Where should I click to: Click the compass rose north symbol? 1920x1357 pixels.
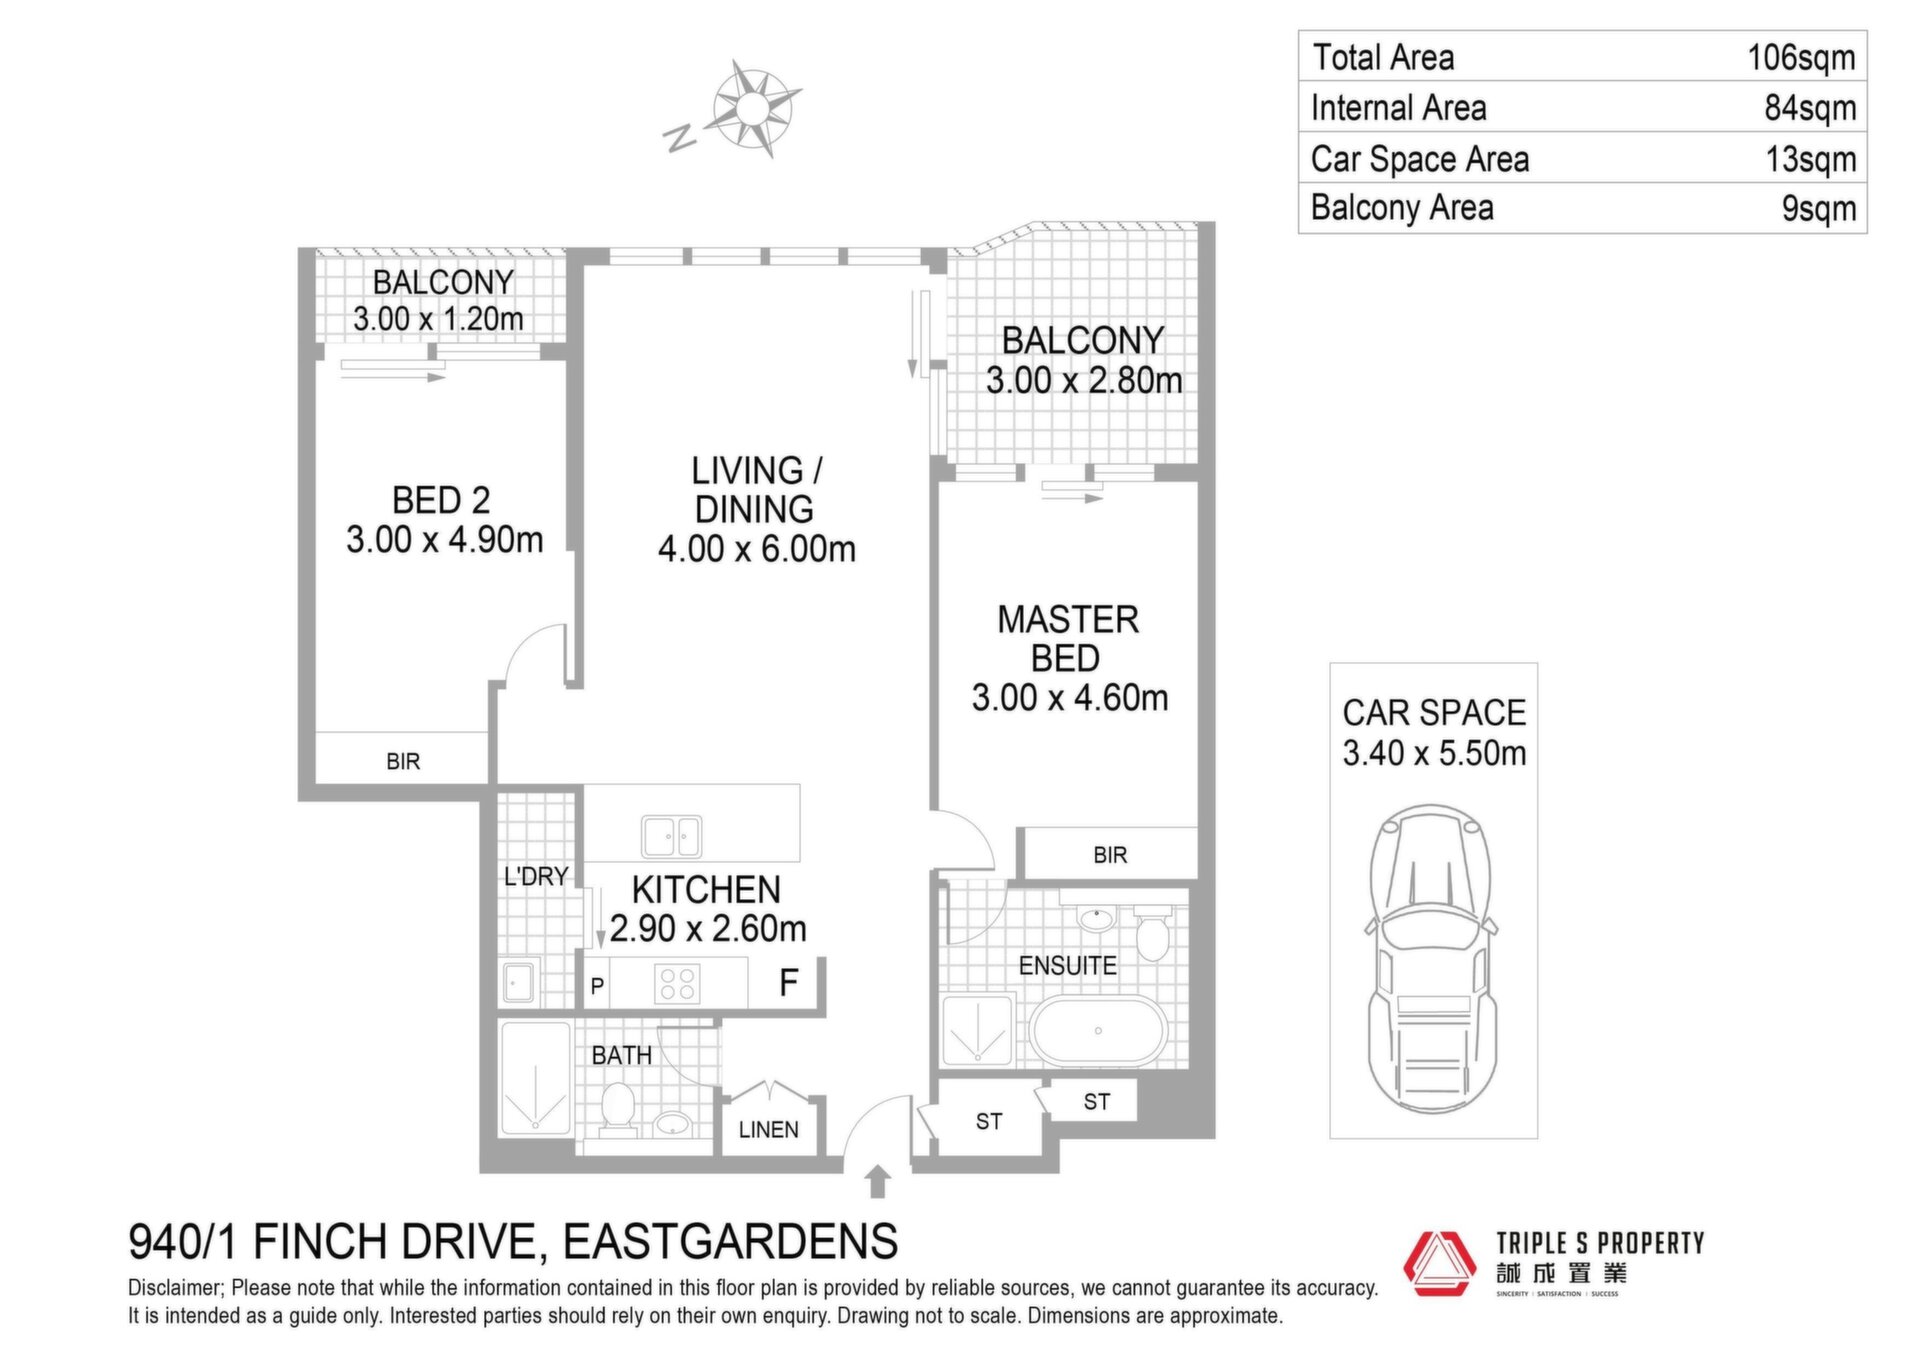click(680, 137)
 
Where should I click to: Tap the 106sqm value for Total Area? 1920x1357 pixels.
click(1801, 58)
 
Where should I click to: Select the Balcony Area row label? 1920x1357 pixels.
click(1402, 208)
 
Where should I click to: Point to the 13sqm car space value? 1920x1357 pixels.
click(1811, 159)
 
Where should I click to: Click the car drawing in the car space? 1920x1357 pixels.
click(1433, 958)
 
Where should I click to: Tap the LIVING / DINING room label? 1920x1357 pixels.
click(756, 490)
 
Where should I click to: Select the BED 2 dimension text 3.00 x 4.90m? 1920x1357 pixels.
click(444, 540)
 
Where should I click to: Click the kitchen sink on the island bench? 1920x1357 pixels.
click(671, 837)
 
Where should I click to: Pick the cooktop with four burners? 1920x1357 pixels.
click(677, 983)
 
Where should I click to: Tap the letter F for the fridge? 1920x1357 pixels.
click(789, 983)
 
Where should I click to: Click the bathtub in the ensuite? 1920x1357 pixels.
click(1098, 1031)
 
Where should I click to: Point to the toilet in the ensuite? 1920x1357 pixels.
click(1152, 932)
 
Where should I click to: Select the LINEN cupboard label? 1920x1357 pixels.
click(768, 1130)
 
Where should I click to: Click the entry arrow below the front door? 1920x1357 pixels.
click(877, 1181)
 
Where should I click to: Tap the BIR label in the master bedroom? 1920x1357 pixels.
click(1110, 855)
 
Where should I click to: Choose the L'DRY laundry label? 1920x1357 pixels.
click(536, 877)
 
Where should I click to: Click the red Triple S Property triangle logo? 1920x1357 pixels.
click(1439, 1263)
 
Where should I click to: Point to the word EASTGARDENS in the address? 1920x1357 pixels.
click(730, 1242)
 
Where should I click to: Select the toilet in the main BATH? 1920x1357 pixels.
click(618, 1108)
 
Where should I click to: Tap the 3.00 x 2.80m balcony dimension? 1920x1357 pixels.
click(1084, 381)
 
